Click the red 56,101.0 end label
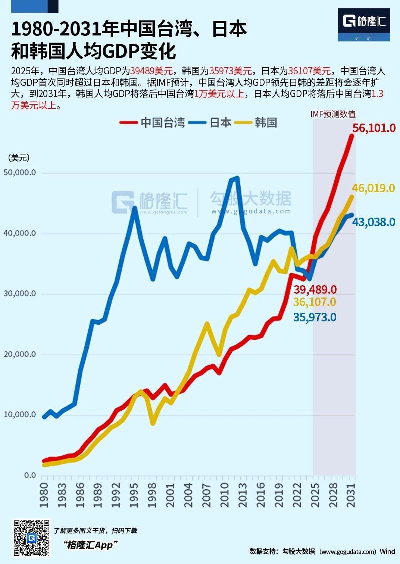pyautogui.click(x=374, y=128)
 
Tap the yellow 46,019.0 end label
pyautogui.click(x=374, y=188)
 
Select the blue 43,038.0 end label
pyautogui.click(x=374, y=222)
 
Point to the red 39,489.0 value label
pyautogui.click(x=315, y=289)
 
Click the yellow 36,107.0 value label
pyautogui.click(x=315, y=302)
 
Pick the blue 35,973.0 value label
pyautogui.click(x=315, y=317)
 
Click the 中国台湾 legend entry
pyautogui.click(x=153, y=122)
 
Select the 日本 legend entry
pyautogui.click(x=211, y=122)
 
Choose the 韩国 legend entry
pyautogui.click(x=257, y=122)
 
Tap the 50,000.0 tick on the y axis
pyautogui.click(x=19, y=172)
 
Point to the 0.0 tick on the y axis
pyautogui.click(x=30, y=475)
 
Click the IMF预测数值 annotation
pyautogui.click(x=333, y=114)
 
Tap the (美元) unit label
pyautogui.click(x=19, y=158)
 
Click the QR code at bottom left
pyautogui.click(x=32, y=538)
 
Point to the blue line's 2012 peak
pyautogui.click(x=236, y=178)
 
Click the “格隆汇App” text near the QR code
pyautogui.click(x=90, y=545)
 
